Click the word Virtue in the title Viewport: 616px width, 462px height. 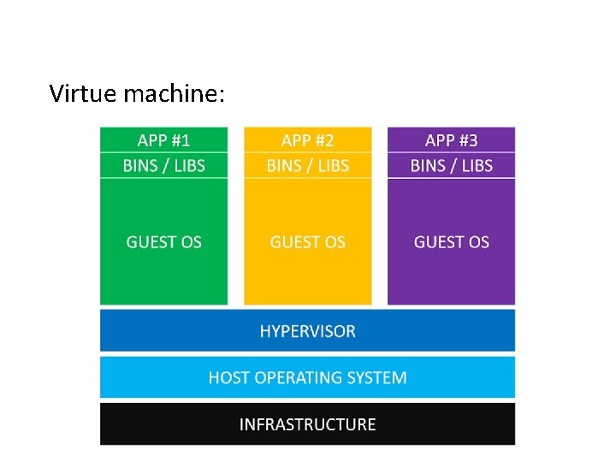(x=83, y=92)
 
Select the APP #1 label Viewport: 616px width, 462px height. (x=163, y=140)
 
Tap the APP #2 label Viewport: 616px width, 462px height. (x=307, y=140)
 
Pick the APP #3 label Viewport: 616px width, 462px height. (x=451, y=140)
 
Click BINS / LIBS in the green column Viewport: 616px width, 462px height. (x=163, y=165)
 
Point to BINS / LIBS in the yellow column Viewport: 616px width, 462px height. (x=307, y=165)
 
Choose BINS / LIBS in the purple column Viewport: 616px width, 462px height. (x=451, y=165)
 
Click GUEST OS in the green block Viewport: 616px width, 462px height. (x=163, y=242)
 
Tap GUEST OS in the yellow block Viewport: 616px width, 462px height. (x=307, y=242)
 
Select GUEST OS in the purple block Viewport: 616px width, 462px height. (x=451, y=242)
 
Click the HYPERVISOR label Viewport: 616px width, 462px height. (x=307, y=331)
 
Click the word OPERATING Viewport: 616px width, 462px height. (x=300, y=377)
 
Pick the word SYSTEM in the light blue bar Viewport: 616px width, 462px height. (x=378, y=377)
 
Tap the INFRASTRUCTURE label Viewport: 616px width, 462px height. (x=307, y=424)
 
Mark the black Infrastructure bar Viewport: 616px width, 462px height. (x=154, y=424)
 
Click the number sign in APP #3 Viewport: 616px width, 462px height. (x=463, y=140)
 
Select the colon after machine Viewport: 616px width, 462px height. (x=222, y=94)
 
